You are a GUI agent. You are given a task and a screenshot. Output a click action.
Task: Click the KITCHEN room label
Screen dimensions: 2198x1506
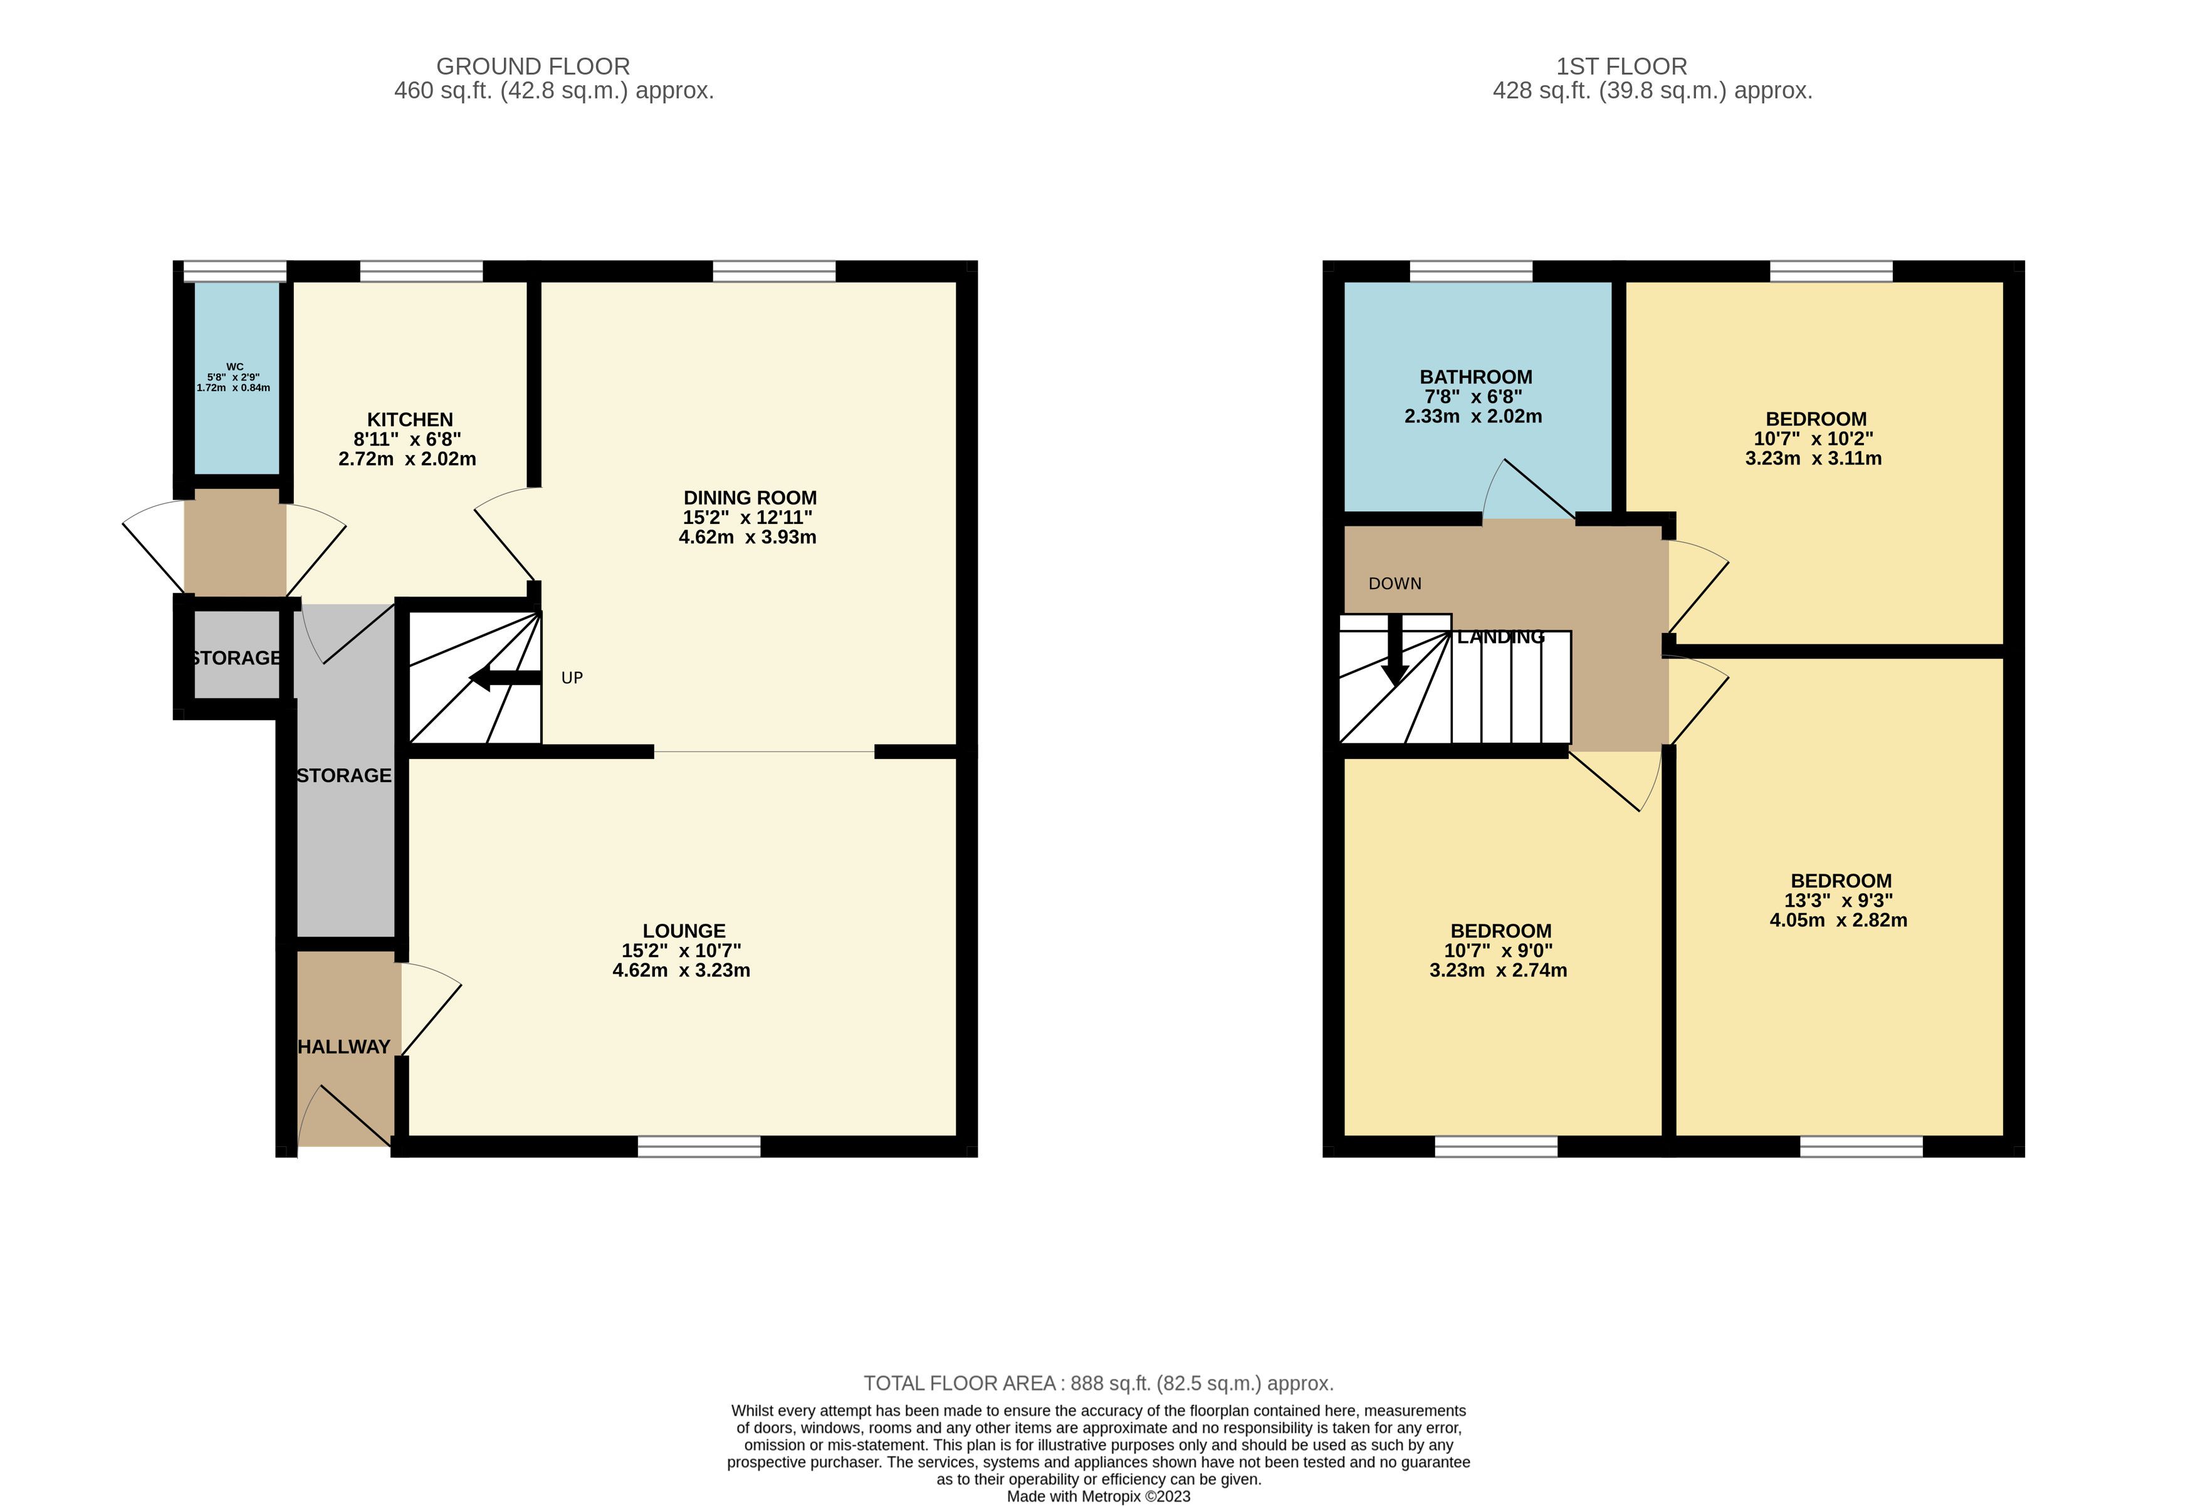[x=409, y=419]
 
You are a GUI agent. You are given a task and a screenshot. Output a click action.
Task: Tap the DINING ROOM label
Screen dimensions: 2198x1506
[x=750, y=498]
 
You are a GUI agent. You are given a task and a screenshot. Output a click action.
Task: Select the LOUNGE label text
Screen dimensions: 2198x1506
[x=684, y=931]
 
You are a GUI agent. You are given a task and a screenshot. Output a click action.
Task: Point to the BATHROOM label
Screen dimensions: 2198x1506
[x=1475, y=377]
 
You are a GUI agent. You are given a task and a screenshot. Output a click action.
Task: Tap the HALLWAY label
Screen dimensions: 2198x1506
[x=343, y=1046]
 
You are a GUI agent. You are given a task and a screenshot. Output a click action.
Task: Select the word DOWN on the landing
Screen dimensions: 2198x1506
[x=1395, y=583]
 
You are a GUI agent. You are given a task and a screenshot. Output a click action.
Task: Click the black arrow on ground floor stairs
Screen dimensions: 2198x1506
[x=505, y=677]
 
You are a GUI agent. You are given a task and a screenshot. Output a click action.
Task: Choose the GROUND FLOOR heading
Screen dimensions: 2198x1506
[x=533, y=66]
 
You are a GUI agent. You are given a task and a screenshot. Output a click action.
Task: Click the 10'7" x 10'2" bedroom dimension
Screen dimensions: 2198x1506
[x=1813, y=438]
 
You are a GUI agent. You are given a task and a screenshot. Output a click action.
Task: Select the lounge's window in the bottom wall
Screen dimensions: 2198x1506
[x=699, y=1146]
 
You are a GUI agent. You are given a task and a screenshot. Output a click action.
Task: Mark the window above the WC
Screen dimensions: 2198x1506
[x=234, y=271]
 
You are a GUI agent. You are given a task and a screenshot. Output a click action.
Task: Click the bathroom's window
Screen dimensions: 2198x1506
[x=1471, y=271]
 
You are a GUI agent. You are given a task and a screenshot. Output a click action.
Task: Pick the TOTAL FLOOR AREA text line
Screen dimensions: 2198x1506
[x=1098, y=1383]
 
